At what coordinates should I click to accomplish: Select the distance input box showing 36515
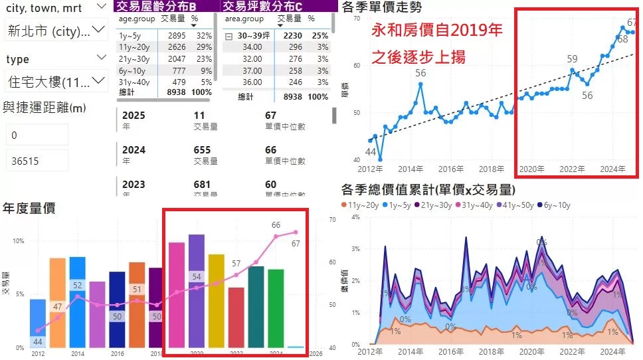37,160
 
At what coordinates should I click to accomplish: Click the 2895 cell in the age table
177,35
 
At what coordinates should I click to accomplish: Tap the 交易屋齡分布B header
166,6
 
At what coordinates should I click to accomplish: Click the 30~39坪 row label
249,35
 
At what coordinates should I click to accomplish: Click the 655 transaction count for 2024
202,150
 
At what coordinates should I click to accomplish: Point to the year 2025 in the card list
134,116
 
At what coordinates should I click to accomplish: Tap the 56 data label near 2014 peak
420,73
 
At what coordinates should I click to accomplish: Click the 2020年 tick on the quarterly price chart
531,169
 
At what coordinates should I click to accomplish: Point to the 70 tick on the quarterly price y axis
356,19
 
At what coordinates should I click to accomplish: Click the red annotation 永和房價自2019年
436,31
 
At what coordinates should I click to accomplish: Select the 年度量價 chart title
29,208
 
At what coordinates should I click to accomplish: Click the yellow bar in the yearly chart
217,300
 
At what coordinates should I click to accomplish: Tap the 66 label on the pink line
276,225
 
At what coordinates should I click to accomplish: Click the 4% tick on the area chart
355,217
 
